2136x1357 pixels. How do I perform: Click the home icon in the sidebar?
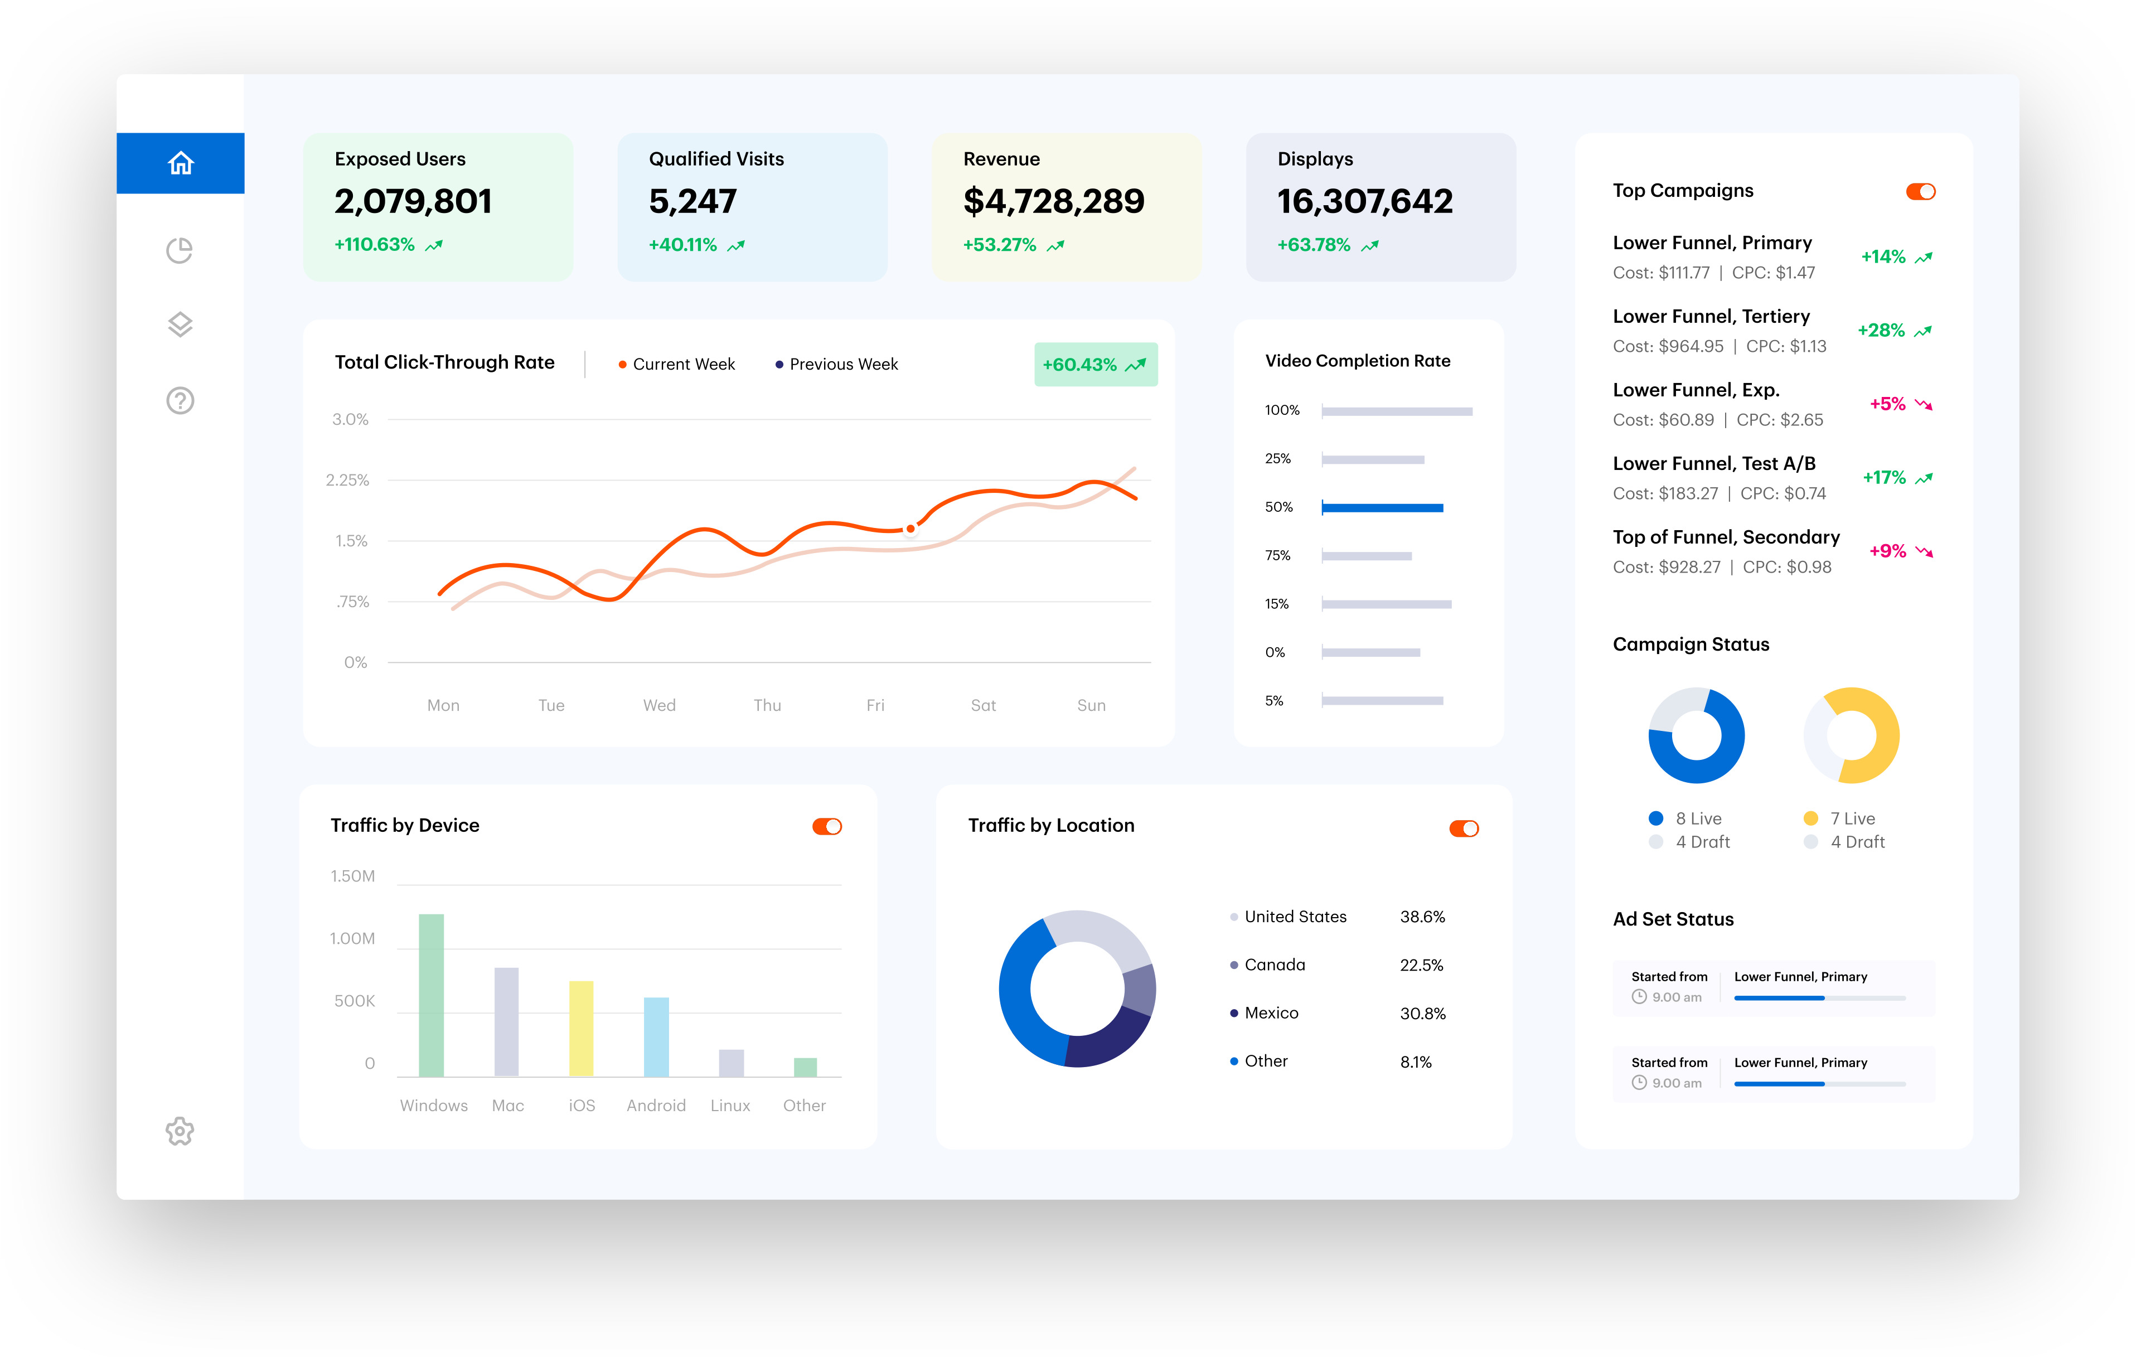pos(180,163)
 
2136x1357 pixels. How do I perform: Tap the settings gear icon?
pos(180,1131)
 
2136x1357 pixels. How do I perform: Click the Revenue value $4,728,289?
pos(1054,201)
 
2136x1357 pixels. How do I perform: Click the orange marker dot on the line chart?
pos(910,529)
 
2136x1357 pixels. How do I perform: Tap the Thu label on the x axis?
pos(767,705)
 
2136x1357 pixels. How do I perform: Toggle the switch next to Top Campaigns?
pos(1920,192)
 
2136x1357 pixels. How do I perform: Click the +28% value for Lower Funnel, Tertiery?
pos(1881,331)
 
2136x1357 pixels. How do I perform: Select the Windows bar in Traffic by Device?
pos(431,995)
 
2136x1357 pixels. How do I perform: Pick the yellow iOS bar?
pos(581,1029)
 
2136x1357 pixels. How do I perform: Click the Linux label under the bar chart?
pos(730,1105)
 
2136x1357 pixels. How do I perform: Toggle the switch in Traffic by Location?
pos(1464,828)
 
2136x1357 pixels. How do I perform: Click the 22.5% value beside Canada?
pos(1421,965)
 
